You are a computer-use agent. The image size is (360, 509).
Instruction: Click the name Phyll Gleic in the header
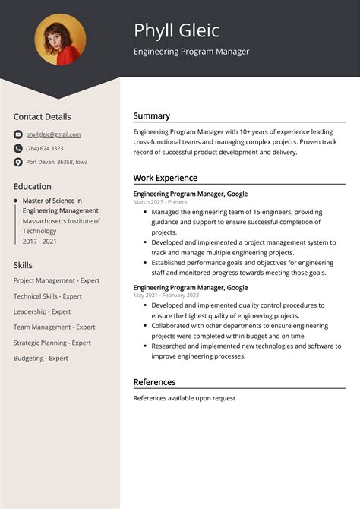coord(176,30)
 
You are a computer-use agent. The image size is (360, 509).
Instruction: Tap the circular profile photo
coord(60,40)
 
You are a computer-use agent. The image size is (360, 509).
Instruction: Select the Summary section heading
coord(152,116)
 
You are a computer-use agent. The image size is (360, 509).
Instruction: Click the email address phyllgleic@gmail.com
coord(53,134)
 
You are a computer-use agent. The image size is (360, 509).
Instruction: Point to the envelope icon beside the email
coord(18,134)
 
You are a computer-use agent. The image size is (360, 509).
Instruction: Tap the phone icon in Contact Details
coord(18,148)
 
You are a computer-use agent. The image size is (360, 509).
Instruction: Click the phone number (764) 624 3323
coord(45,148)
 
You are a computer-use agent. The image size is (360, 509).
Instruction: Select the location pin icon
coord(18,162)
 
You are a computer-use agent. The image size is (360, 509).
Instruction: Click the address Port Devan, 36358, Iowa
coord(57,162)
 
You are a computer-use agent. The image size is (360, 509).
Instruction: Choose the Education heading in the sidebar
coord(33,186)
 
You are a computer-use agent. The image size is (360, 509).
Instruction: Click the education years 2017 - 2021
coord(39,241)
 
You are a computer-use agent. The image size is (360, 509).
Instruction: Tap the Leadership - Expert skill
coord(42,311)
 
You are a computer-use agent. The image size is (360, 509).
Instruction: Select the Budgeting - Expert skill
coord(41,358)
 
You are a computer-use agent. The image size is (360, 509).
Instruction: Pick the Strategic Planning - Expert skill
coord(52,343)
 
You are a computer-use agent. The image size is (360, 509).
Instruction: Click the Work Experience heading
coord(166,178)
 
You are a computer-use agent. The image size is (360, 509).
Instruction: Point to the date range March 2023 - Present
coord(160,202)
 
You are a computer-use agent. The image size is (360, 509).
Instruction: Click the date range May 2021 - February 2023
coord(166,295)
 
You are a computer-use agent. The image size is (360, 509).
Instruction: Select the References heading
coord(154,382)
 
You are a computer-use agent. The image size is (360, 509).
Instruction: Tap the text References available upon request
coord(185,398)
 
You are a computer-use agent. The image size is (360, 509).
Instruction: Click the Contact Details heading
coord(42,117)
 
